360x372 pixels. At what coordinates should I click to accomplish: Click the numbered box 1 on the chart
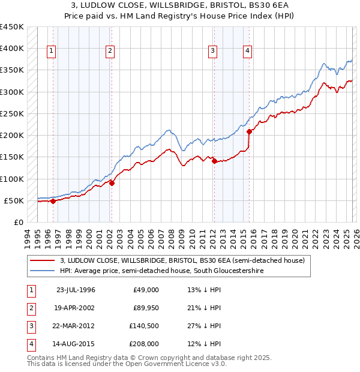pyautogui.click(x=52, y=52)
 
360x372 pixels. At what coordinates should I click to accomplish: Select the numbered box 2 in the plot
pyautogui.click(x=110, y=52)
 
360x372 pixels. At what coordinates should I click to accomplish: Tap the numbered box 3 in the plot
pyautogui.click(x=212, y=52)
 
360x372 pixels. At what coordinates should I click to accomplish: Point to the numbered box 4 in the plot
pyautogui.click(x=247, y=52)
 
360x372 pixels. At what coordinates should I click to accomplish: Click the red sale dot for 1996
pyautogui.click(x=53, y=201)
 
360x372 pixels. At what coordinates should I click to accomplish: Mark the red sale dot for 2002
pyautogui.click(x=112, y=183)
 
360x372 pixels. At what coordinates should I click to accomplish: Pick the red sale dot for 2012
pyautogui.click(x=214, y=161)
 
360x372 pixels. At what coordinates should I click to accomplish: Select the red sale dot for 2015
pyautogui.click(x=249, y=131)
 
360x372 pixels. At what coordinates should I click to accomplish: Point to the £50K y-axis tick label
pyautogui.click(x=14, y=200)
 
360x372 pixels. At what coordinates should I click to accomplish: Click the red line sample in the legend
pyautogui.click(x=43, y=261)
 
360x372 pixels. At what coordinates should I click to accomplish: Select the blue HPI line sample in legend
pyautogui.click(x=43, y=271)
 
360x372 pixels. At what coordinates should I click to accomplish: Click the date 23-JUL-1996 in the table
pyautogui.click(x=76, y=290)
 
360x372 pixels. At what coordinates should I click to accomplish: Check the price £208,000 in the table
pyautogui.click(x=144, y=344)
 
